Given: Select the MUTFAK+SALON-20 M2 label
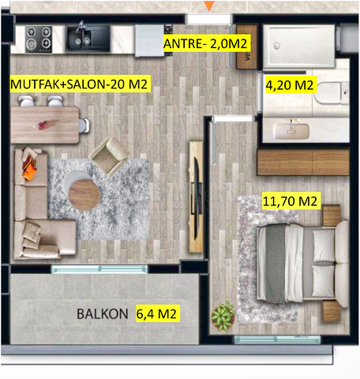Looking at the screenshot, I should pos(79,83).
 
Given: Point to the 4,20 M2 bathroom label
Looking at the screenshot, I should pos(290,84).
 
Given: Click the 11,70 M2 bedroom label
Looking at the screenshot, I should pos(289,202).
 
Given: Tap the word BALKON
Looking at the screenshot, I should pos(103,313).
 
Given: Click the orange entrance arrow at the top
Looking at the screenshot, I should pos(209,6).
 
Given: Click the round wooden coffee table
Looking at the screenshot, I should pos(83,191).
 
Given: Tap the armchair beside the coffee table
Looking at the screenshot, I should pos(107,156).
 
